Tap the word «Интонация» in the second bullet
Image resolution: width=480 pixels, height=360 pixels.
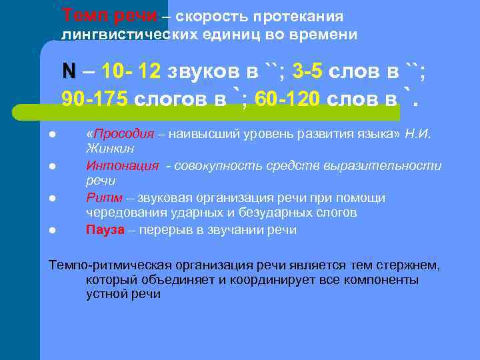tap(123, 166)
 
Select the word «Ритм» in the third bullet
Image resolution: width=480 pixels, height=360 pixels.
tap(101, 198)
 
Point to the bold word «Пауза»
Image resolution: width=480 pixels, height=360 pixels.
tap(105, 230)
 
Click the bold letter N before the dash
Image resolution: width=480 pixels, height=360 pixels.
tap(69, 71)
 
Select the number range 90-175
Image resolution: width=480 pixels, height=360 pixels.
tap(94, 99)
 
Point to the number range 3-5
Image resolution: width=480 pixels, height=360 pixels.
tap(309, 71)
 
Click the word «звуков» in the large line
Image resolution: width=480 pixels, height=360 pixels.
tap(199, 71)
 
